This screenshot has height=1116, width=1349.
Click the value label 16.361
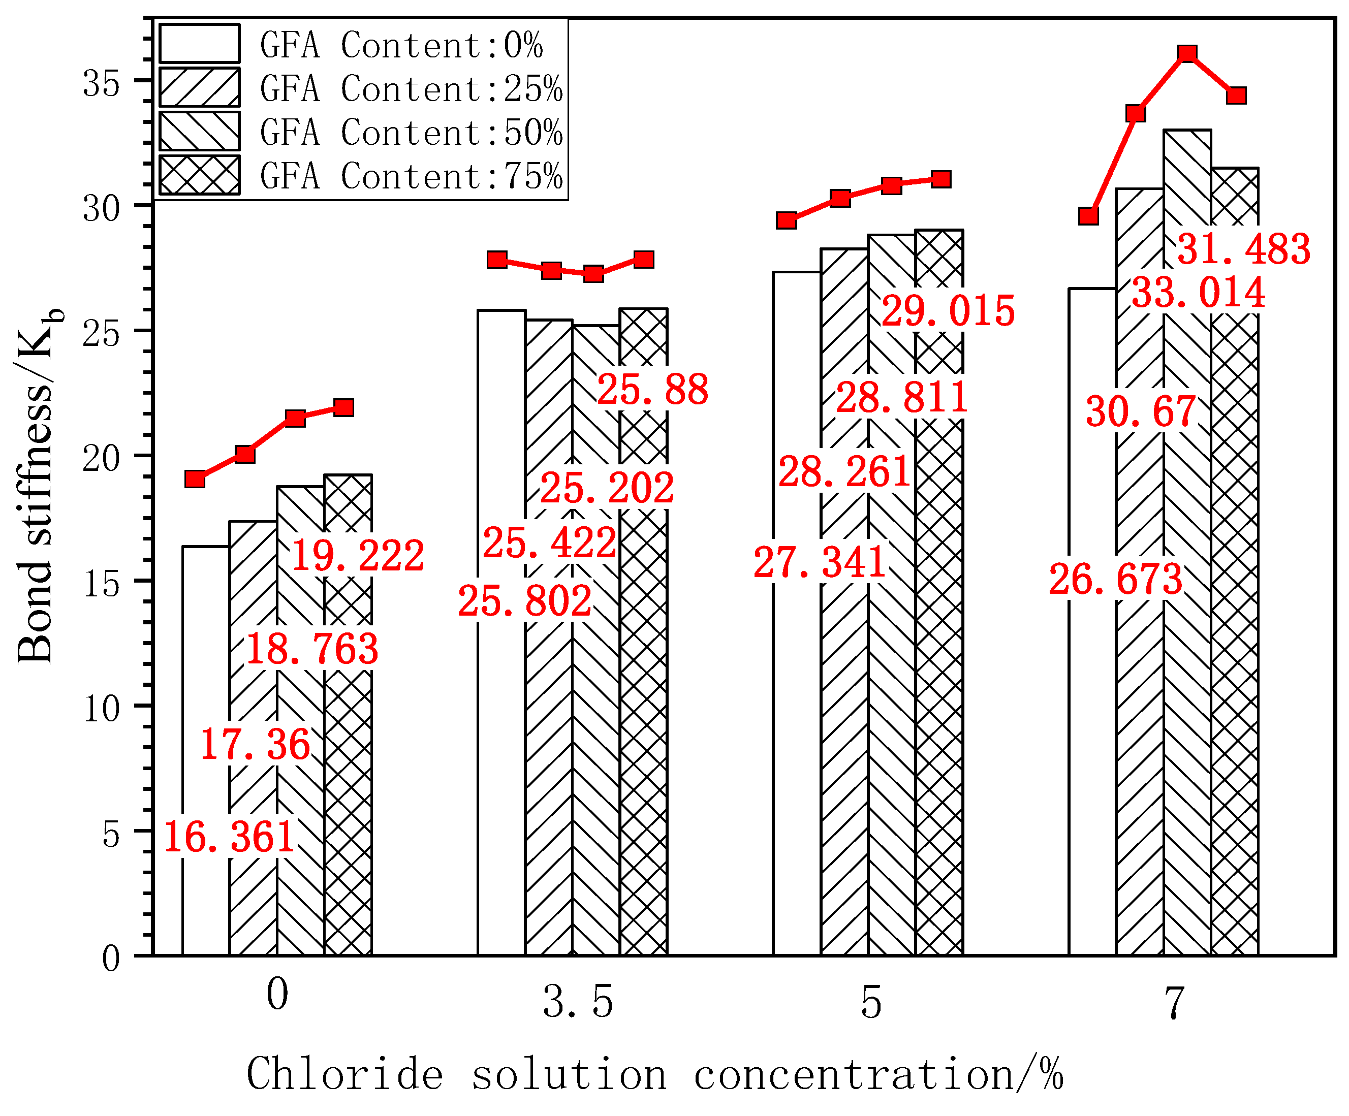point(229,837)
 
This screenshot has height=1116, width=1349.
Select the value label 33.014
point(1198,293)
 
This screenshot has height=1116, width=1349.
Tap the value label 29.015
point(948,311)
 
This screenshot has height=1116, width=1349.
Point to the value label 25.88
point(653,389)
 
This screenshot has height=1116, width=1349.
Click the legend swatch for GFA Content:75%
point(199,175)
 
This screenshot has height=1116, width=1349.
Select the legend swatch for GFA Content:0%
point(199,44)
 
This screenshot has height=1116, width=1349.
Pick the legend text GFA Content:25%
point(411,88)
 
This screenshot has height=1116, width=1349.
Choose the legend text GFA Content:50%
point(411,132)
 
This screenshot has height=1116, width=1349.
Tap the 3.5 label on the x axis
point(578,1002)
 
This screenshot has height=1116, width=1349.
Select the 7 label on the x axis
point(1174,1002)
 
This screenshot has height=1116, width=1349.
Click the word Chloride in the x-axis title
point(345,1074)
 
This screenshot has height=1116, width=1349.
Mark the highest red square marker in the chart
point(1187,53)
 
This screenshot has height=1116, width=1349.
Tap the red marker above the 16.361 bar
point(195,479)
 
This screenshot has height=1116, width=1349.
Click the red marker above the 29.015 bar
point(941,178)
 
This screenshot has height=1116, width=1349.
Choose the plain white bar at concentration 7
point(1092,707)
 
